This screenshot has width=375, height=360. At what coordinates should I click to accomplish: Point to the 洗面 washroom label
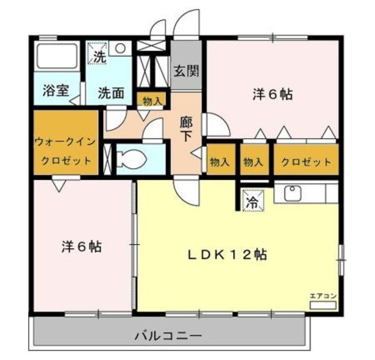[110, 92]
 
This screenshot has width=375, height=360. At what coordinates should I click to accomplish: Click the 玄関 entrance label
[186, 72]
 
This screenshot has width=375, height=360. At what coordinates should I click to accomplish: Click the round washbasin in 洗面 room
[121, 49]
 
